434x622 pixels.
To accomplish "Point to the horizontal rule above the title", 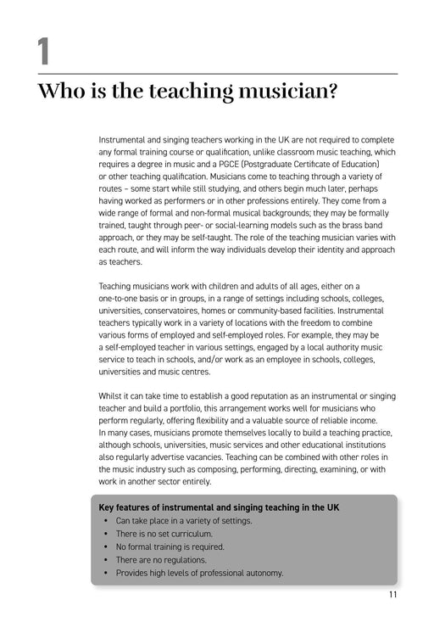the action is (217, 74).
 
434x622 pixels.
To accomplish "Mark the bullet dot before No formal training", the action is (105, 546).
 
